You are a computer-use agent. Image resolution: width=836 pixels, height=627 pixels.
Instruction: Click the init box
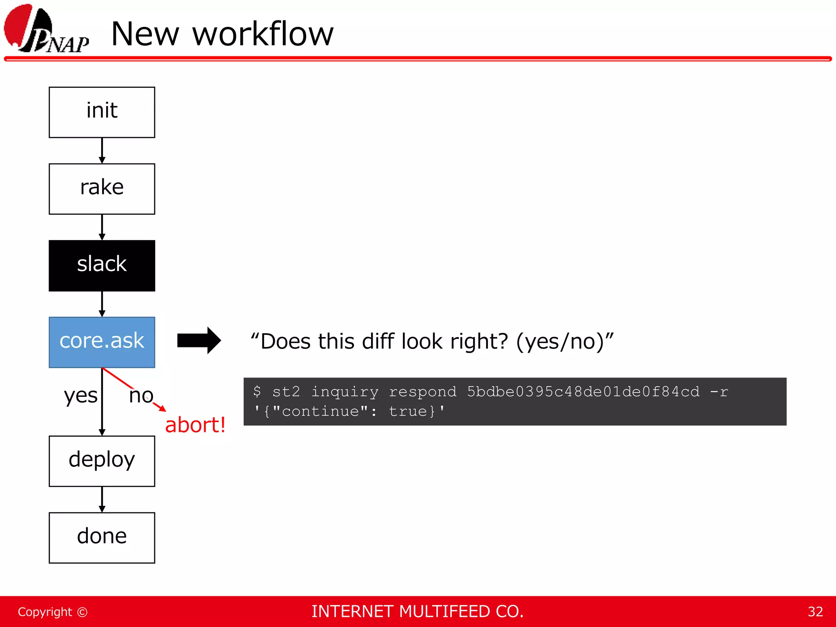click(x=102, y=112)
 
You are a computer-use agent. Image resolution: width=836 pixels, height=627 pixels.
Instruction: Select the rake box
click(x=102, y=189)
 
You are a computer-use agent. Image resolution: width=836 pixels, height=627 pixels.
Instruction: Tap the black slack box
click(x=102, y=265)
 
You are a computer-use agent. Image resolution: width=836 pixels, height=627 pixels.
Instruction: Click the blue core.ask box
click(x=102, y=342)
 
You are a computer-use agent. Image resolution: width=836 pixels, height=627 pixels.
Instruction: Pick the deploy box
click(x=102, y=461)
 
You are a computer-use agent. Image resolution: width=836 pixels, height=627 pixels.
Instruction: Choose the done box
click(x=102, y=538)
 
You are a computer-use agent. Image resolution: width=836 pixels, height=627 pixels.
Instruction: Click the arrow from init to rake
click(x=102, y=151)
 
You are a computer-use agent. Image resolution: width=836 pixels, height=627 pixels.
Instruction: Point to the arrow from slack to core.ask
click(x=102, y=304)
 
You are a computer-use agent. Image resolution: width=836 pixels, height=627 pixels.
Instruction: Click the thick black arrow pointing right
click(x=199, y=340)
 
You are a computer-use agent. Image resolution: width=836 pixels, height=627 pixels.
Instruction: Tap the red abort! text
click(x=195, y=425)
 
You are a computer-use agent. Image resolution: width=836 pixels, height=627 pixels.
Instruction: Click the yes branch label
click(x=80, y=396)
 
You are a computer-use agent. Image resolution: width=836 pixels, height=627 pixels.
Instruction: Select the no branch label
click(x=141, y=396)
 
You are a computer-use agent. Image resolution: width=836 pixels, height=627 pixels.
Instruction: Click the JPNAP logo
click(x=46, y=29)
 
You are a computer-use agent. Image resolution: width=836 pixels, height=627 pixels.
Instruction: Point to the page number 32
click(x=815, y=611)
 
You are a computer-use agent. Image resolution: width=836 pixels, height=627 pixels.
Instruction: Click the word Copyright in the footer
click(x=45, y=612)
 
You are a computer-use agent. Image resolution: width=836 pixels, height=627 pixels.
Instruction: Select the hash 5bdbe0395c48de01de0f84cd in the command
click(x=583, y=391)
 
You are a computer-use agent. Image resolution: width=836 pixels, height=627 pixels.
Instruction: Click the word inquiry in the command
click(x=345, y=392)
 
